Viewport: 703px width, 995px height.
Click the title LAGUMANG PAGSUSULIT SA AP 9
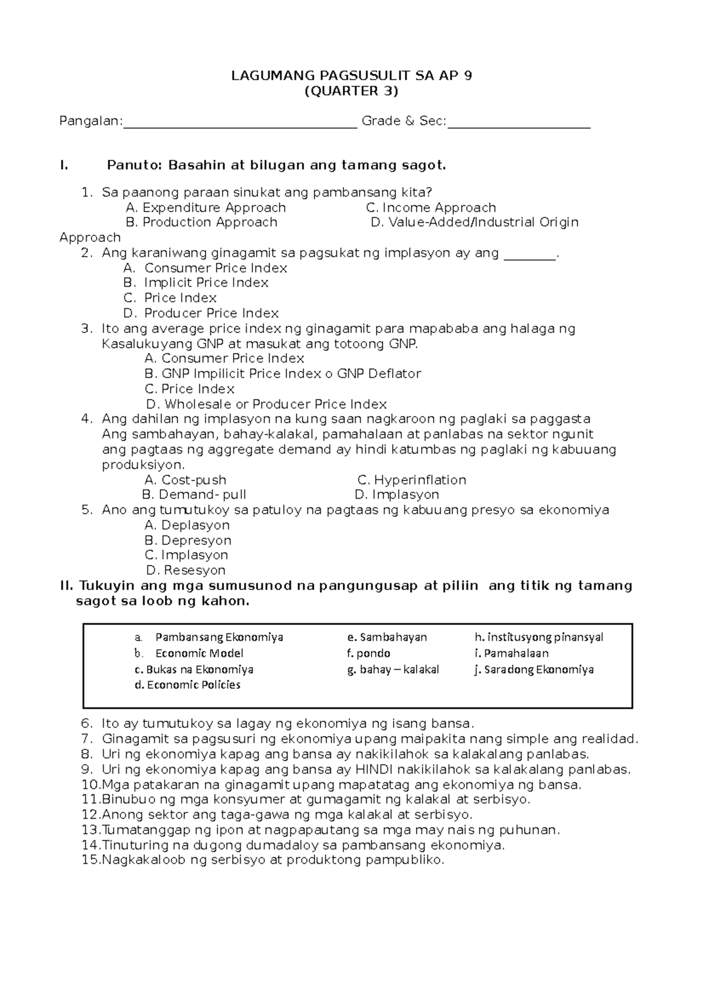[x=351, y=76]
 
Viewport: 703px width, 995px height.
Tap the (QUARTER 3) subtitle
[x=351, y=91]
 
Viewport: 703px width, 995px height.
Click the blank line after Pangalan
[x=240, y=125]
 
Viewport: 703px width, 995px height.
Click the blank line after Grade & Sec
[x=519, y=125]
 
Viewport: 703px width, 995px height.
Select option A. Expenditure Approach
[x=206, y=207]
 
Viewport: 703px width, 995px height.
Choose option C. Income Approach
[x=431, y=207]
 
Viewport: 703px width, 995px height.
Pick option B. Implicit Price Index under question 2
[x=196, y=282]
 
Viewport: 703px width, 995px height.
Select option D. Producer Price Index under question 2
[x=201, y=313]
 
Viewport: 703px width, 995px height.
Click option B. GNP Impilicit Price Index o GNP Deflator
[x=282, y=373]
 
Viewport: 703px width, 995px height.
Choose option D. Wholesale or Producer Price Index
[x=266, y=404]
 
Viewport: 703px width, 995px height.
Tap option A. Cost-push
[x=185, y=480]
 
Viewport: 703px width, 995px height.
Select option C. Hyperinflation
[x=412, y=480]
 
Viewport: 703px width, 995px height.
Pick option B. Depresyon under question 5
[x=187, y=540]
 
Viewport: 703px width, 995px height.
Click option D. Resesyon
[x=186, y=570]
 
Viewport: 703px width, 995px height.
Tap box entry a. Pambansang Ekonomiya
[x=209, y=637]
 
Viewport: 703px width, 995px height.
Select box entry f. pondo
[x=368, y=653]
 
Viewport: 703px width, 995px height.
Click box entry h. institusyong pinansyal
[x=538, y=637]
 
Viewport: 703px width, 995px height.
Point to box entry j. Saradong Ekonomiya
[x=534, y=669]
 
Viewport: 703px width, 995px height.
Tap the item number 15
[x=91, y=860]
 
